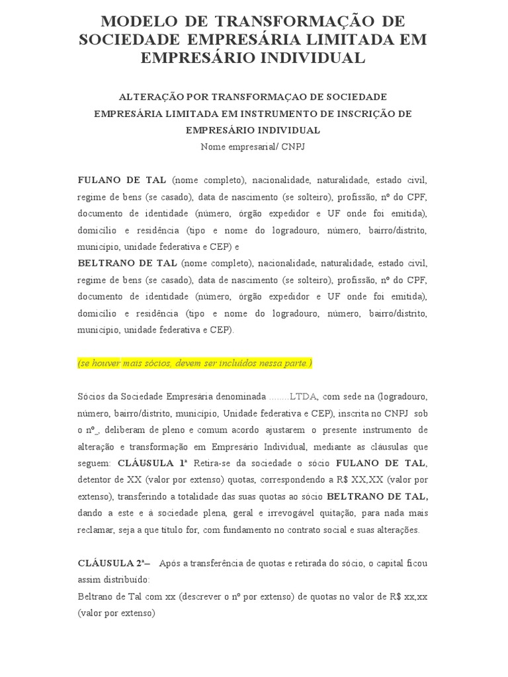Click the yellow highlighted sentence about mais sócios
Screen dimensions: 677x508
[194, 364]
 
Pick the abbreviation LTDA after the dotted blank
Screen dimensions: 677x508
[304, 396]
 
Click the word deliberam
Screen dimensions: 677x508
[113, 428]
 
